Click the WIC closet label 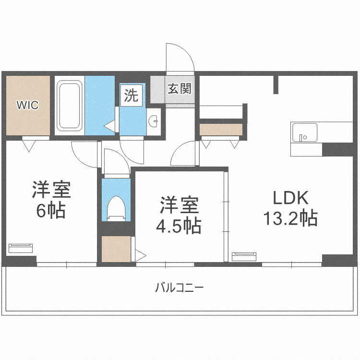point(27,105)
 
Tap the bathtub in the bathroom point(70,106)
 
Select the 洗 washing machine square point(132,96)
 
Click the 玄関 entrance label point(180,89)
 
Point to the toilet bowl point(117,208)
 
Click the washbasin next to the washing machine point(154,121)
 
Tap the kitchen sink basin point(304,132)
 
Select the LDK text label point(290,198)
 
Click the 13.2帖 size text point(290,217)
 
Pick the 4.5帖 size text point(179,226)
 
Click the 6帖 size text point(51,210)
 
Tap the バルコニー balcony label point(180,288)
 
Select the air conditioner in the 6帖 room point(21,248)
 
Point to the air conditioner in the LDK point(244,257)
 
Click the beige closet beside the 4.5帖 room point(116,249)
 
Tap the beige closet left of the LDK point(221,130)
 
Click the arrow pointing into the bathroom point(110,126)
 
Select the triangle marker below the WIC point(29,146)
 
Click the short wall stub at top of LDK point(276,84)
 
